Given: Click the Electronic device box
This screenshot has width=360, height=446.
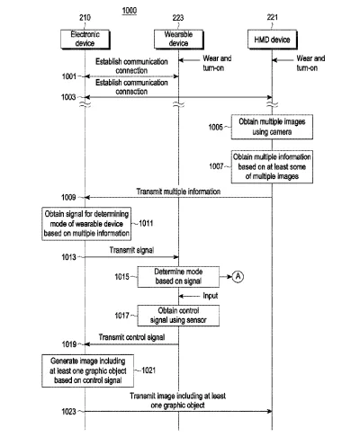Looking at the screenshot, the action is tap(85, 40).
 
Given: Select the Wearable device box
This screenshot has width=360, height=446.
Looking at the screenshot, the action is tap(179, 40).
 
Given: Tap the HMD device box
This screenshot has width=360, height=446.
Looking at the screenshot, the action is tap(273, 40).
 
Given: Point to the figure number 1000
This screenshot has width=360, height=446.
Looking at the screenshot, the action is tap(130, 11).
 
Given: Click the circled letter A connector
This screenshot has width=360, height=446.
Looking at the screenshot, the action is tap(238, 276).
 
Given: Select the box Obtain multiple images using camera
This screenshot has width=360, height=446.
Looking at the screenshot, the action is tap(272, 127).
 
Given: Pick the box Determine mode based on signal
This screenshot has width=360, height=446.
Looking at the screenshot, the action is tap(178, 277).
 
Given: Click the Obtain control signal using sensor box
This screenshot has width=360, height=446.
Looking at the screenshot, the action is tap(178, 316).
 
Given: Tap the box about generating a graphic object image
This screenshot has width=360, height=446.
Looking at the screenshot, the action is tap(87, 370).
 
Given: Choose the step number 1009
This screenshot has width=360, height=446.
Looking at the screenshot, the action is tap(68, 197).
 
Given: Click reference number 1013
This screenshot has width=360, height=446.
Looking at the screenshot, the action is tap(68, 257).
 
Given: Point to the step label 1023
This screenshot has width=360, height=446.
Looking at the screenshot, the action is tap(68, 412).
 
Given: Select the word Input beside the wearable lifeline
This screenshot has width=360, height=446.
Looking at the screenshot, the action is tap(211, 296).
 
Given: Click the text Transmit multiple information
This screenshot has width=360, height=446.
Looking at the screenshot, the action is tap(178, 192).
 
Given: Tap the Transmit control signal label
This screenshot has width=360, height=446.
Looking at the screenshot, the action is tap(131, 337).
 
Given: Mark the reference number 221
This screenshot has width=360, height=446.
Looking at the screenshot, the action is tap(273, 17).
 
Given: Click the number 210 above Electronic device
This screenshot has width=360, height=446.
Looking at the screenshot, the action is tap(85, 18).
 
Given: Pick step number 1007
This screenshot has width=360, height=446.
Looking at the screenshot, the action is tap(216, 166).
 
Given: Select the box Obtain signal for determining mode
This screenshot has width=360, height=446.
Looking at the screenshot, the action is tap(86, 224).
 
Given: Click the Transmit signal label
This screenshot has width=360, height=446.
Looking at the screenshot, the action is tap(131, 250).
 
